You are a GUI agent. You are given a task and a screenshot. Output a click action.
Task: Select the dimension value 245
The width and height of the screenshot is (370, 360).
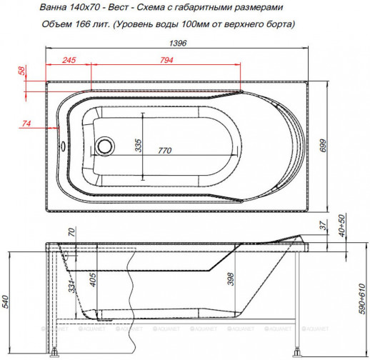pyautogui.click(x=69, y=61)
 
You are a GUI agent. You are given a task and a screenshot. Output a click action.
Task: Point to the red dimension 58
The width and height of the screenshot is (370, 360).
pyautogui.click(x=21, y=71)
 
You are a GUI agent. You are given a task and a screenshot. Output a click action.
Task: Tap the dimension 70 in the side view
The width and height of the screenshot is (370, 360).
pyautogui.click(x=71, y=232)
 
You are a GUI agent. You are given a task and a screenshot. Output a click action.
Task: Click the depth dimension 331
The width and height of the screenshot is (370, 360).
pyautogui.click(x=71, y=287)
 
